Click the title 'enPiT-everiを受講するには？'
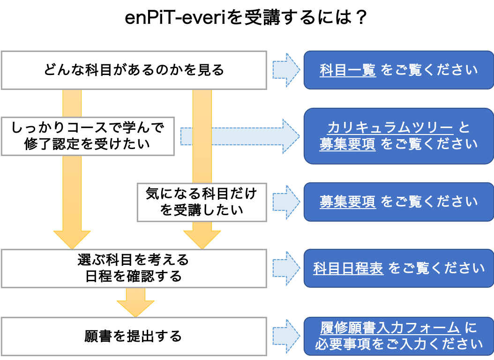[246, 17]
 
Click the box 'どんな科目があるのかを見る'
[134, 70]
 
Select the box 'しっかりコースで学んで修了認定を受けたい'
[88, 136]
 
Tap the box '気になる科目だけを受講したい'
[202, 202]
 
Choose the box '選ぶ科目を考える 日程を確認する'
[134, 268]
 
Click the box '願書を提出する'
[134, 337]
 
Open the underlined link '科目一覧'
[347, 70]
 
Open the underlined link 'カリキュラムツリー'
[390, 127]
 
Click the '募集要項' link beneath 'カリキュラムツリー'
[347, 144]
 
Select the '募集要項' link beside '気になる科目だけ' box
[347, 202]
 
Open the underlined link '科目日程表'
[348, 268]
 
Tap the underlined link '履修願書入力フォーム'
[390, 328]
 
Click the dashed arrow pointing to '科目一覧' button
[286, 70]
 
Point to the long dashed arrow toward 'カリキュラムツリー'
[240, 136]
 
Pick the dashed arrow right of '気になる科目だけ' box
[286, 202]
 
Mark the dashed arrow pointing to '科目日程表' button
[286, 268]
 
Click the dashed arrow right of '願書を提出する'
[286, 337]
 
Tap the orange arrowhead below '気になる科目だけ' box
[202, 240]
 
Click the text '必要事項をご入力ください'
[399, 344]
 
